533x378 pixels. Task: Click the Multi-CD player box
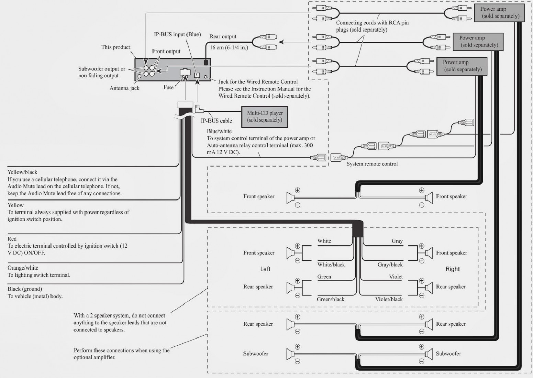pos(264,116)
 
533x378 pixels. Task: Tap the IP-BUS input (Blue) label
pos(177,34)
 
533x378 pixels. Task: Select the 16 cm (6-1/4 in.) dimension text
pos(228,47)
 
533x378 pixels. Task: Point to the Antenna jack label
pos(124,88)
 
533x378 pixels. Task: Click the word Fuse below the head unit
pos(168,87)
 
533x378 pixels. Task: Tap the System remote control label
pos(372,164)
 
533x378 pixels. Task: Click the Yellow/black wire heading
pos(22,172)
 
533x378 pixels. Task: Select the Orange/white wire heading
pos(23,268)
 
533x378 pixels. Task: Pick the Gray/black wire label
pos(390,265)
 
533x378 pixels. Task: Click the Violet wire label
pos(396,277)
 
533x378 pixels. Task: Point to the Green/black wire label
pos(330,299)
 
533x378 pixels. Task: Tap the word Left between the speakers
pos(265,269)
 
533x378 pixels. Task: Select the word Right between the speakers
pos(452,269)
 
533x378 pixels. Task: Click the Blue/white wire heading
pos(219,131)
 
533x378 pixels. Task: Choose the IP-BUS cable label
pos(216,121)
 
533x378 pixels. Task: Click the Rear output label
pos(223,37)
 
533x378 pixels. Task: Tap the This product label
pos(116,47)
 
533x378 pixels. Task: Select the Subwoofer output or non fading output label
pos(102,72)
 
